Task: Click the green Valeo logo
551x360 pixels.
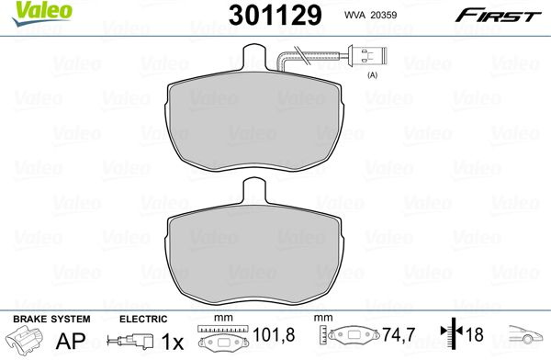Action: pos(41,14)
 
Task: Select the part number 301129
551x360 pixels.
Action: pos(275,15)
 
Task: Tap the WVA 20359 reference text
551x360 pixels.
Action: pos(370,15)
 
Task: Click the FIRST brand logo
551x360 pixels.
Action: pos(498,16)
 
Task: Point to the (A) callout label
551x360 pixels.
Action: pos(372,75)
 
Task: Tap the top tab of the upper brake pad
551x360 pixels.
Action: pos(254,57)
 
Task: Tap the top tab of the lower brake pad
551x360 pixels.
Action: pos(254,190)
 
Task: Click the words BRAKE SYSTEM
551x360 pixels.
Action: pos(51,319)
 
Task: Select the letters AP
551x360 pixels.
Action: pos(71,340)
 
